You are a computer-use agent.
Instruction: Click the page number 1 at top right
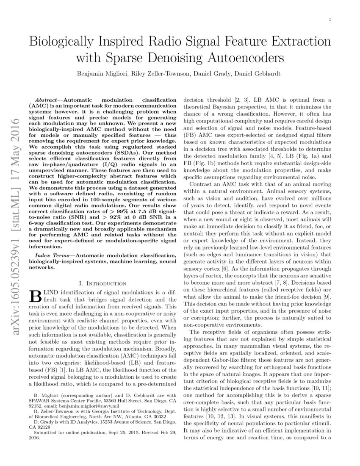(330, 20)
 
